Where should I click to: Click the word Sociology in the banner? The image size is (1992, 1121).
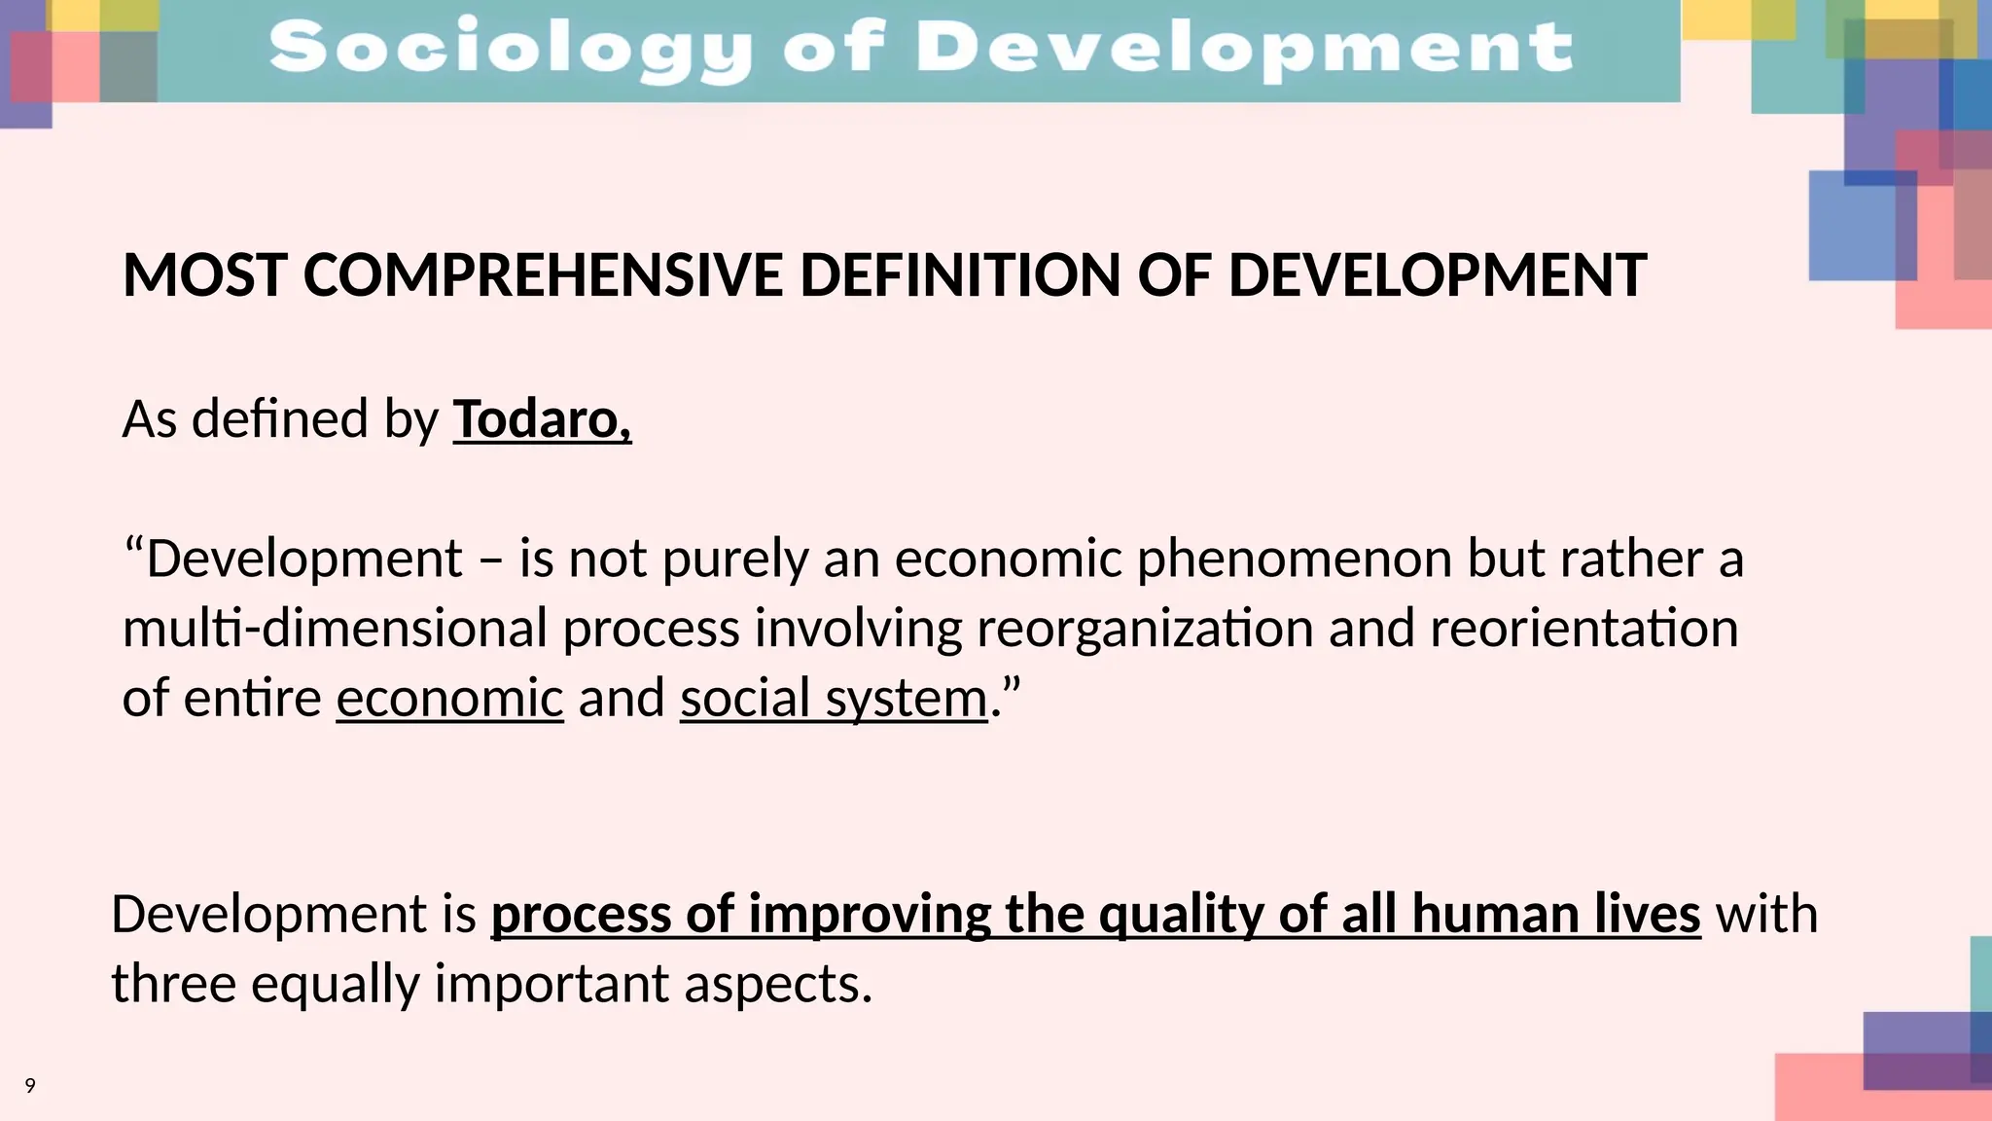click(x=511, y=49)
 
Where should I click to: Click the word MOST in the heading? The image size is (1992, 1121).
click(x=204, y=275)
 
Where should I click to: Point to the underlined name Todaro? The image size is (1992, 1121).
click(x=541, y=419)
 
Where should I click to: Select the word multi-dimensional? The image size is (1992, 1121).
click(x=335, y=629)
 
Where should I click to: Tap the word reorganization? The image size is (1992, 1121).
click(x=1145, y=629)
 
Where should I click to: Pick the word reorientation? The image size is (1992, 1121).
click(x=1583, y=629)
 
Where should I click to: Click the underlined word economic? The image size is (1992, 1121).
click(x=449, y=699)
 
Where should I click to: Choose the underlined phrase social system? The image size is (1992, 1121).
click(x=834, y=699)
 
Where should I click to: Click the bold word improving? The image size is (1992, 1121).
click(x=870, y=915)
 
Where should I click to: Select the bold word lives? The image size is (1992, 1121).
click(x=1647, y=915)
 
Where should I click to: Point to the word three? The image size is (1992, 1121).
click(x=173, y=984)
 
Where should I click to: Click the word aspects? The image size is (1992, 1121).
click(x=777, y=984)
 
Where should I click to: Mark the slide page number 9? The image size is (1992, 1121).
click(x=30, y=1086)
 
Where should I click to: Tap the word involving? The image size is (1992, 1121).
click(x=859, y=629)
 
